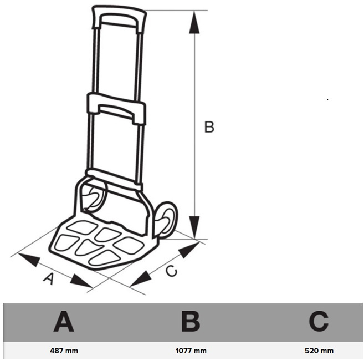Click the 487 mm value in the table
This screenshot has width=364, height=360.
tap(64, 351)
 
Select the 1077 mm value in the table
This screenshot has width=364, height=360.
tap(191, 351)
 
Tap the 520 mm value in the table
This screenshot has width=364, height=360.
tap(319, 351)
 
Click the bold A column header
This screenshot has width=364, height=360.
tap(64, 322)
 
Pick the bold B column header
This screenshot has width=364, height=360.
tap(191, 322)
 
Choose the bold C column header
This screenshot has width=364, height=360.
tap(319, 322)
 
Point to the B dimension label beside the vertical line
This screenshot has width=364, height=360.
tap(209, 127)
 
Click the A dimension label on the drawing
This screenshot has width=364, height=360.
tap(49, 278)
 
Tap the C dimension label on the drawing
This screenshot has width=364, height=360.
tap(171, 271)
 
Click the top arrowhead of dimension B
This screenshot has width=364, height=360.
tap(194, 22)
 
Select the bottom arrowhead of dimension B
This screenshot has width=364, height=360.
tap(194, 227)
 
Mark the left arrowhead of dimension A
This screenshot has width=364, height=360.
tap(29, 260)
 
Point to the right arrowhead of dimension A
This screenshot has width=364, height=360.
tap(81, 281)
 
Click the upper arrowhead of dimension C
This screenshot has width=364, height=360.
tap(189, 250)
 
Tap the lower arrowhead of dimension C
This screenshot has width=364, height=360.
tap(141, 278)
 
